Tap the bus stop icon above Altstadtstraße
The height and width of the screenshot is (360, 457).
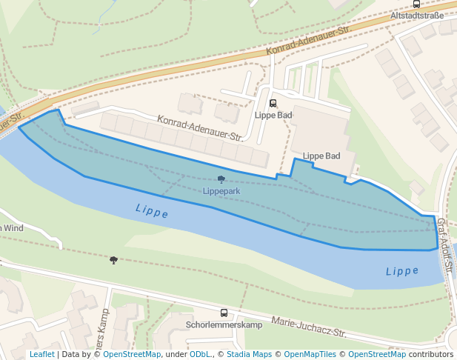(x=416, y=4)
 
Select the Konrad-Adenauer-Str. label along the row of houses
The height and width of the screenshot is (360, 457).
(x=200, y=127)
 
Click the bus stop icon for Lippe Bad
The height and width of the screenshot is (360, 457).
(x=273, y=104)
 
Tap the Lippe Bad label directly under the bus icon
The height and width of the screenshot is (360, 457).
(x=273, y=115)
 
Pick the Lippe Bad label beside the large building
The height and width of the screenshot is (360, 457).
(x=321, y=156)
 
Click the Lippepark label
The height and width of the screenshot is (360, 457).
(x=221, y=191)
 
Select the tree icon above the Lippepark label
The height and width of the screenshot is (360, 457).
(x=221, y=179)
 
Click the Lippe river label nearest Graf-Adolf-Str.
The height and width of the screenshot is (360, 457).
(x=402, y=271)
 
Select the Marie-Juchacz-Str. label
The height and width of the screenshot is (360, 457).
(x=309, y=327)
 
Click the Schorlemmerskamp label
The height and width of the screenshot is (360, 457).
(x=224, y=325)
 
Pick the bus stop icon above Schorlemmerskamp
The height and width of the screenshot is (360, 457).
(x=224, y=313)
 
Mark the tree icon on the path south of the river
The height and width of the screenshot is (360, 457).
(x=113, y=260)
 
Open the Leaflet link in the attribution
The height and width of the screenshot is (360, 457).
(x=41, y=355)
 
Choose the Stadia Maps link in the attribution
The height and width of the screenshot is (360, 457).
(x=249, y=355)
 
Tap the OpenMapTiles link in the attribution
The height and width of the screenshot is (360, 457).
(x=311, y=355)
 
